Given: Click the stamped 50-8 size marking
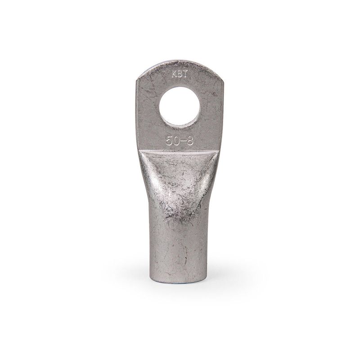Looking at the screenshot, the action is [x=180, y=141].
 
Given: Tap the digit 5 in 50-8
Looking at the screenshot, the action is [x=169, y=141].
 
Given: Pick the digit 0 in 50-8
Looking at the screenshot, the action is [x=176, y=141].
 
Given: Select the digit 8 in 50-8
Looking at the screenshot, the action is [x=190, y=141].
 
